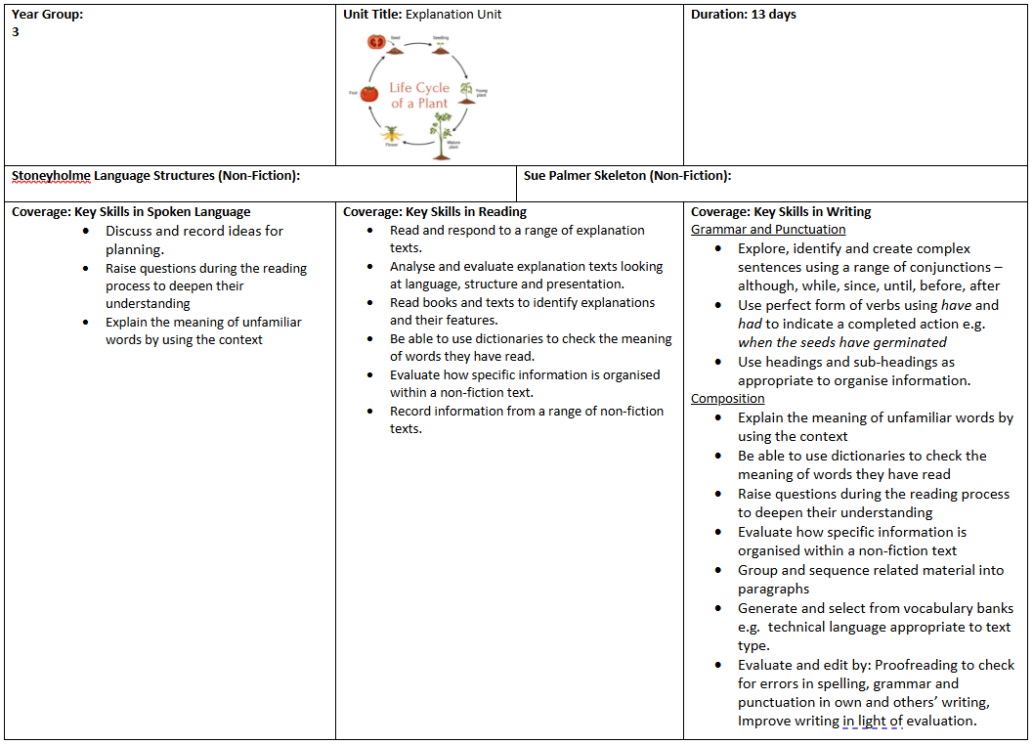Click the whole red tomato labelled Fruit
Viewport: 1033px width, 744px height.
pyautogui.click(x=368, y=94)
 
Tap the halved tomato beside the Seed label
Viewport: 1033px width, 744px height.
pyautogui.click(x=375, y=42)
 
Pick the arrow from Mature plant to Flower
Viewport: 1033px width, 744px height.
pyautogui.click(x=417, y=144)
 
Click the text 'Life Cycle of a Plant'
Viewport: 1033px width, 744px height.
pyautogui.click(x=419, y=95)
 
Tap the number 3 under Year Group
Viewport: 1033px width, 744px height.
pyautogui.click(x=16, y=31)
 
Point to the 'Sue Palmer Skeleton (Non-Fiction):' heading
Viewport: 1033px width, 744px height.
pyautogui.click(x=627, y=176)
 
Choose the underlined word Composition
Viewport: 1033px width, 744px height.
pyautogui.click(x=727, y=399)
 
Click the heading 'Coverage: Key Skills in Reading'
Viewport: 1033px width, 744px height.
pyautogui.click(x=435, y=211)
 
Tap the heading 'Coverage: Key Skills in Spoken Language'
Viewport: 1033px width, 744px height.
pyautogui.click(x=131, y=211)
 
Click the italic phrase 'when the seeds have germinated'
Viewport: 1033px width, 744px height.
pyautogui.click(x=842, y=342)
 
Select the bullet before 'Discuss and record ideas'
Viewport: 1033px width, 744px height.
pyautogui.click(x=87, y=232)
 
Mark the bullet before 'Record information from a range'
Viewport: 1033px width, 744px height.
pyautogui.click(x=369, y=412)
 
